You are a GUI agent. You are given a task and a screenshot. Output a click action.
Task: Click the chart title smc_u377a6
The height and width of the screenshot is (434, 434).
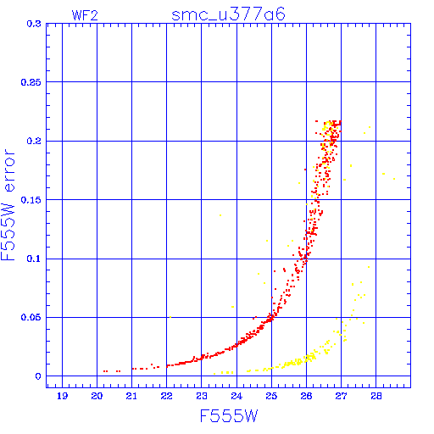point(228,14)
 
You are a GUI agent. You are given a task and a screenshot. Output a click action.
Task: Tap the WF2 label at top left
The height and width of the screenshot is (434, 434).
point(85,15)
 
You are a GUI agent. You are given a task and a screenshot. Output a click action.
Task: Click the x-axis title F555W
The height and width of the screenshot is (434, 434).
point(229,416)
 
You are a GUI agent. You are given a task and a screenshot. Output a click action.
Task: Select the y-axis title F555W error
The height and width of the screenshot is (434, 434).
point(8,205)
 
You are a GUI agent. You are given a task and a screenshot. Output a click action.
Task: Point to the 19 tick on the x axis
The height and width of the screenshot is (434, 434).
point(62,396)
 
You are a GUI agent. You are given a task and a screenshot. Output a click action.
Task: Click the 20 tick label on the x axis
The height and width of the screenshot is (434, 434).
point(97,396)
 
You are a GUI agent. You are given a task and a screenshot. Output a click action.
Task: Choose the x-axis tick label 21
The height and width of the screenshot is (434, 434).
point(131,396)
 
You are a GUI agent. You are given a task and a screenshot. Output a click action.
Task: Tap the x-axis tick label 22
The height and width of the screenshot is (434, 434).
point(167,396)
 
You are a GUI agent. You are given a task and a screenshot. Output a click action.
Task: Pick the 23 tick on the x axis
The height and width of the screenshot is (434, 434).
point(202,396)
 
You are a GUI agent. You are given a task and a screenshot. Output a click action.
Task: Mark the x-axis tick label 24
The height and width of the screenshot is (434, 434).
point(236,396)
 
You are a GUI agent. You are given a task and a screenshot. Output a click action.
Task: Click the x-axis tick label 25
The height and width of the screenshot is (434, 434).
point(271,396)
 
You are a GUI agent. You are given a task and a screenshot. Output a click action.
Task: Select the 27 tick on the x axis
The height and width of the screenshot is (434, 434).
point(341,396)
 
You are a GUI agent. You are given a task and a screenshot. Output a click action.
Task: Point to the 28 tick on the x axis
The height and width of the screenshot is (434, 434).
point(376,396)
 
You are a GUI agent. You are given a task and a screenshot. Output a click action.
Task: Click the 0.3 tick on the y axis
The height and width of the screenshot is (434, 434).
point(34,24)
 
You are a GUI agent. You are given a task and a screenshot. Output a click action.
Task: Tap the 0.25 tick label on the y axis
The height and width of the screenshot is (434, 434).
point(31,82)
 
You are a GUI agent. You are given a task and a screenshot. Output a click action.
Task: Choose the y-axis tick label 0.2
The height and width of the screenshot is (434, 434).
point(34,141)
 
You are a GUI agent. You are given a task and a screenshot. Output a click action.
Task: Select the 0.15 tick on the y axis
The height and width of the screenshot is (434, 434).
point(31,200)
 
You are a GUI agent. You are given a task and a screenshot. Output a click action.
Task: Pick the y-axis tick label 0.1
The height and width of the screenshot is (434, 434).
point(34,259)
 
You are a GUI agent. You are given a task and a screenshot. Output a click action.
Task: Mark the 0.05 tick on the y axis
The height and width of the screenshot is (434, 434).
point(31,317)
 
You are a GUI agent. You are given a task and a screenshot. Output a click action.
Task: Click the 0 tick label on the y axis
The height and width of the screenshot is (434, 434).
point(38,376)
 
